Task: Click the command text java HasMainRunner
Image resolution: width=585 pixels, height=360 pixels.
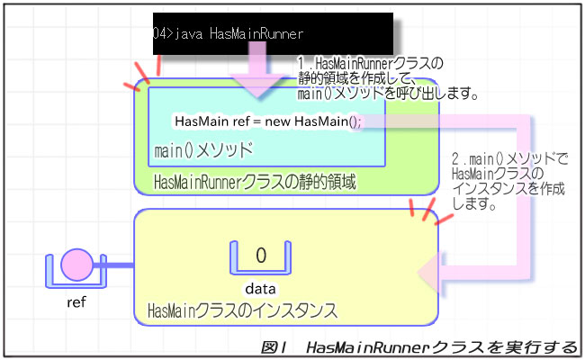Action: coord(238,33)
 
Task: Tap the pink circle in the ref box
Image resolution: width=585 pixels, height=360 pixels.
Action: coord(76,265)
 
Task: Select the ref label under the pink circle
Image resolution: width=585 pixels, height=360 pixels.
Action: coord(76,301)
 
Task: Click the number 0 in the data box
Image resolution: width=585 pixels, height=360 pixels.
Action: coord(261,256)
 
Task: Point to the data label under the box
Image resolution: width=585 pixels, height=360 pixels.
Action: coord(260,289)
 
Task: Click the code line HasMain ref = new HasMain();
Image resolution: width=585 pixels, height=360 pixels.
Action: coord(268,121)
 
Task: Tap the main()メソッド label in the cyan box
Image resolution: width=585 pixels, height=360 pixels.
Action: coord(203,150)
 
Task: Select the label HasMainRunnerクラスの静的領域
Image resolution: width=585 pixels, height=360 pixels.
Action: coord(255,182)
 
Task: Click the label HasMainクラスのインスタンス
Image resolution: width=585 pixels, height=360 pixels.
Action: coord(242,310)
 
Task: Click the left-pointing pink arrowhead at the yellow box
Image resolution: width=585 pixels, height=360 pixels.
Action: coord(430,273)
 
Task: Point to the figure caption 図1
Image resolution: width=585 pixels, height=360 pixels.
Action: coord(274,347)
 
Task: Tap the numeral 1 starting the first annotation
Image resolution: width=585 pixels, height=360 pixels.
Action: coord(301,63)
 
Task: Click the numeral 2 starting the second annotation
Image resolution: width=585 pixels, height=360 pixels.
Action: coord(455,159)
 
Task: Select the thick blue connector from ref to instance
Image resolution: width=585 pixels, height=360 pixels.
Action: coord(113,265)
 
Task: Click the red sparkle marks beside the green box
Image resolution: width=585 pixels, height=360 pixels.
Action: coord(144,73)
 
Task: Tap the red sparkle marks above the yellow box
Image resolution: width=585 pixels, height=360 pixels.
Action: coord(429,211)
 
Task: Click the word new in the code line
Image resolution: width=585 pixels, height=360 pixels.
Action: coord(277,121)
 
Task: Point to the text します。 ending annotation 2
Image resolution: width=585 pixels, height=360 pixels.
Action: coord(473,203)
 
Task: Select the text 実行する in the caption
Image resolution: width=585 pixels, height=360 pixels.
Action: coord(541,347)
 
